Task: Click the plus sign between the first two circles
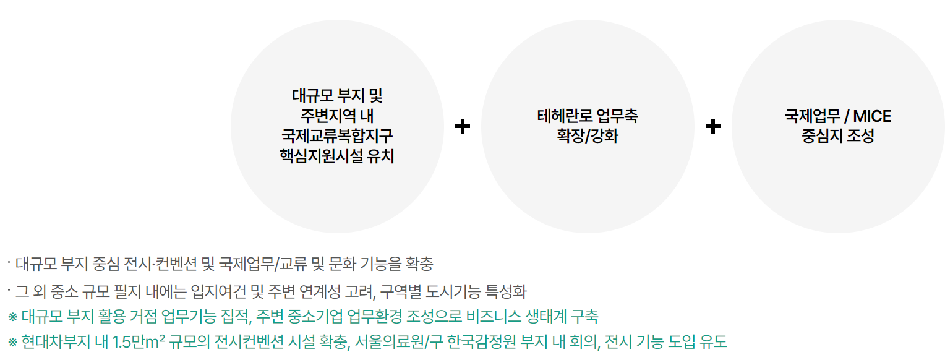tap(463, 126)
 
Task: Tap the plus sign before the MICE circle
tap(713, 126)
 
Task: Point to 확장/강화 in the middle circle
tap(587, 136)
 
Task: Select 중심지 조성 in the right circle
tap(838, 136)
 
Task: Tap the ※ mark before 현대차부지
tap(12, 341)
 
